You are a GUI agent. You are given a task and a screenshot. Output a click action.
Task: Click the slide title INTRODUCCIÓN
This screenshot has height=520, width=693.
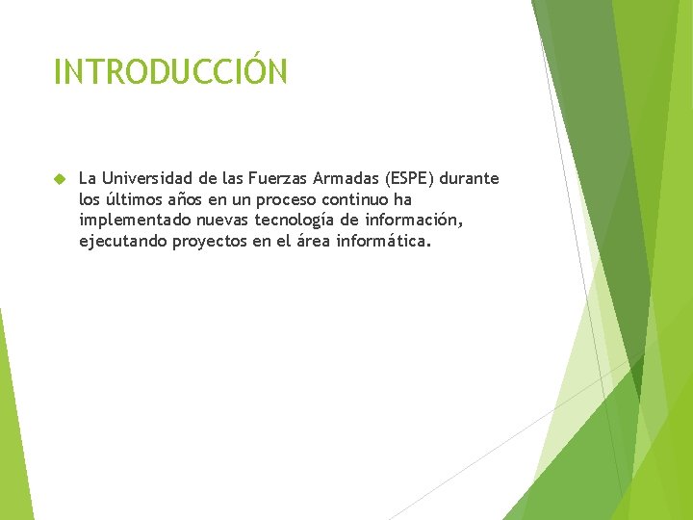point(170,72)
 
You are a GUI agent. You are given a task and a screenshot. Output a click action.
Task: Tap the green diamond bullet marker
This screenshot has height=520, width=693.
point(59,179)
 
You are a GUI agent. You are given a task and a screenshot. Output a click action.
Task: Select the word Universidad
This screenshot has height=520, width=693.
point(145,178)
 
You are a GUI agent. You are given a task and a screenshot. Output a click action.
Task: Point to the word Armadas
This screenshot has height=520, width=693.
point(346,178)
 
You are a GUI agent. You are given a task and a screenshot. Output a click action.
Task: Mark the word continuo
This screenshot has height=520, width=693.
point(358,199)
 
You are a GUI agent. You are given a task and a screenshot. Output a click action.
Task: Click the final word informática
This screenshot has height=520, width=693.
point(384,241)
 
